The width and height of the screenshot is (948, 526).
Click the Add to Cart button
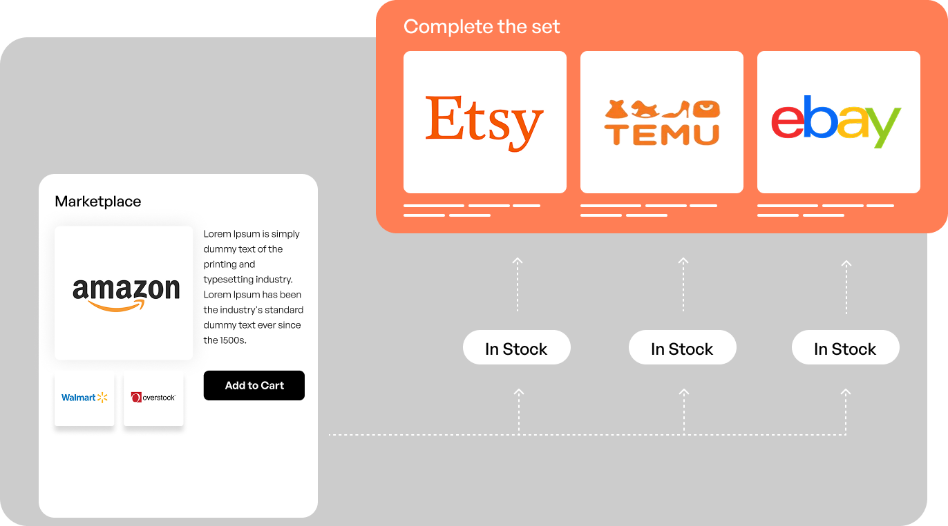pyautogui.click(x=254, y=386)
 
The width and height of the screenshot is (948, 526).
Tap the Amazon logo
pyautogui.click(x=126, y=293)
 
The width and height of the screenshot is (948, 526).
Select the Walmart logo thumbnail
pyautogui.click(x=84, y=398)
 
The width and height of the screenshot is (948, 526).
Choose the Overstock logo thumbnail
pyautogui.click(x=153, y=398)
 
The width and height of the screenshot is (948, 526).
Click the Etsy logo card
pyautogui.click(x=484, y=122)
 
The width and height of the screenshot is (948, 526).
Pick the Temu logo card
pyautogui.click(x=661, y=122)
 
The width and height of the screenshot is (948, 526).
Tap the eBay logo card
pyautogui.click(x=838, y=122)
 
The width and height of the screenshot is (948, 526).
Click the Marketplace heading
pyautogui.click(x=97, y=202)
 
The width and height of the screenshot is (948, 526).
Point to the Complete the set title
pyautogui.click(x=482, y=27)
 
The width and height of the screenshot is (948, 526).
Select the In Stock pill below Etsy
pyautogui.click(x=516, y=348)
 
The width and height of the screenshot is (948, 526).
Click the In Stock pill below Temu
pyautogui.click(x=682, y=348)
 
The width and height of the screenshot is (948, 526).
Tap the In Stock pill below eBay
pyautogui.click(x=845, y=348)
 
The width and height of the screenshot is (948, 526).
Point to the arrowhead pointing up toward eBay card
pyautogui.click(x=846, y=263)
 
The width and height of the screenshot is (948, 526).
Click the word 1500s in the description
pyautogui.click(x=234, y=340)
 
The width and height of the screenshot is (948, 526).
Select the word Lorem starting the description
pyautogui.click(x=217, y=234)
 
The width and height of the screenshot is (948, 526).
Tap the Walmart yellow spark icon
pyautogui.click(x=103, y=397)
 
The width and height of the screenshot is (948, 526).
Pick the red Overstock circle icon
pyautogui.click(x=136, y=398)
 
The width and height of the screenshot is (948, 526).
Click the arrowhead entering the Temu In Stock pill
pyautogui.click(x=684, y=392)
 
